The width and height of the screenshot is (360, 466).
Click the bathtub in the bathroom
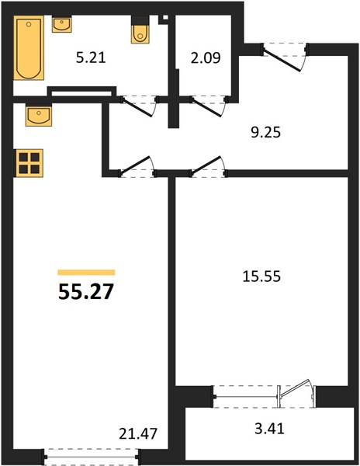pyautogui.click(x=29, y=48)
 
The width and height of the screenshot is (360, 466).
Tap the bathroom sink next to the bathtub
pyautogui.click(x=62, y=24)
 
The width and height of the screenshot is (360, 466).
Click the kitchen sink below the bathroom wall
pyautogui.click(x=38, y=115)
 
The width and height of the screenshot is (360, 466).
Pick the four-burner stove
pyautogui.click(x=29, y=163)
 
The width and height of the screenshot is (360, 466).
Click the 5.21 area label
pyautogui.click(x=91, y=57)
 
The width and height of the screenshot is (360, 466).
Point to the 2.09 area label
pyautogui.click(x=206, y=58)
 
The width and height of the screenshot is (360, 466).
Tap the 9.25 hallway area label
pyautogui.click(x=265, y=132)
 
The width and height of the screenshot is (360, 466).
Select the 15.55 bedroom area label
pyautogui.click(x=261, y=276)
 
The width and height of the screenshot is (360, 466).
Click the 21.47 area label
pyautogui.click(x=138, y=434)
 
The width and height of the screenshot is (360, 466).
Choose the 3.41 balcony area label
pyautogui.click(x=269, y=429)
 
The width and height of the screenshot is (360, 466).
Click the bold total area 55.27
pyautogui.click(x=86, y=291)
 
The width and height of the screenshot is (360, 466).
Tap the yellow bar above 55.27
pyautogui.click(x=86, y=273)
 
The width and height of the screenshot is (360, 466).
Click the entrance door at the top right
pyautogui.click(x=282, y=61)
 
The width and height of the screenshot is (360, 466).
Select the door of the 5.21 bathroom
pyautogui.click(x=137, y=107)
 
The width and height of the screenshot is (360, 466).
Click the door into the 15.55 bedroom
pyautogui.click(x=207, y=166)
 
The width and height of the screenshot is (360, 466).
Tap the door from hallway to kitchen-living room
pyautogui.click(x=137, y=166)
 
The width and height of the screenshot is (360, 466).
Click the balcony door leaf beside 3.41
pyautogui.click(x=296, y=388)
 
